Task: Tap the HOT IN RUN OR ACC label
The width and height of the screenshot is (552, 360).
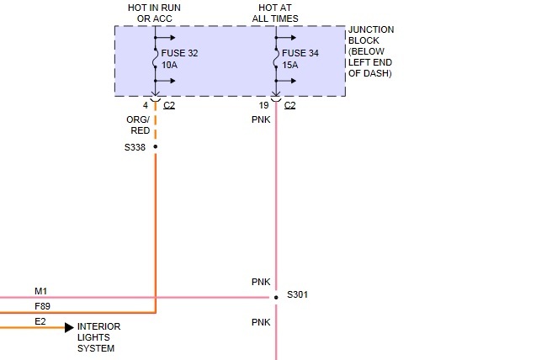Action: pos(155,12)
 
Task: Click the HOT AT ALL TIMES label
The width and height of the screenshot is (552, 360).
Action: pos(276,12)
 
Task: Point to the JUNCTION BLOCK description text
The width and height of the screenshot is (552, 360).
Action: pos(371,51)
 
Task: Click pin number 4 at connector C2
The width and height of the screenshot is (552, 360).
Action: pos(145,105)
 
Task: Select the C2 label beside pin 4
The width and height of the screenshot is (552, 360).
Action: pos(170,105)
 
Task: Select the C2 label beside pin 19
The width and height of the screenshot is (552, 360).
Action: pos(290,105)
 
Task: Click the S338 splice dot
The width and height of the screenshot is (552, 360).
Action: pos(156,146)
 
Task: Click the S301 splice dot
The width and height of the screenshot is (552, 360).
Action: pos(276,297)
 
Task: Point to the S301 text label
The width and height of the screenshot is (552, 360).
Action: pos(298,295)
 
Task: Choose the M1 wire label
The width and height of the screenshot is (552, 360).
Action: pos(40,291)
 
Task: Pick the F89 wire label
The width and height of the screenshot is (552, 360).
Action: pos(41,306)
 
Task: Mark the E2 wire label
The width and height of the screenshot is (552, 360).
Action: pos(40,321)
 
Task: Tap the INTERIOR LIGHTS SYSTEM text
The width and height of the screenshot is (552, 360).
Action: pos(99,337)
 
